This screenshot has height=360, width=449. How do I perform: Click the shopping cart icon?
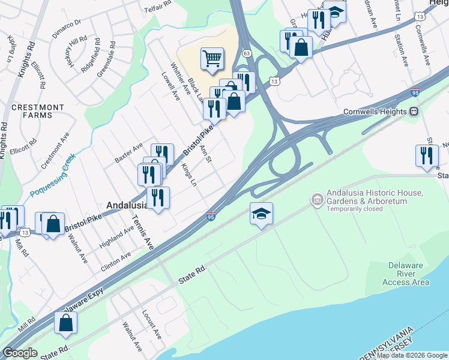(212, 59)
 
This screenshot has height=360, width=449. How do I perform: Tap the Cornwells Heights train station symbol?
(414, 112)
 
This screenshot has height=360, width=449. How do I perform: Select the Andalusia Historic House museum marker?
(317, 199)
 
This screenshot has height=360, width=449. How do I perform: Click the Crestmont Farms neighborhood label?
(38, 111)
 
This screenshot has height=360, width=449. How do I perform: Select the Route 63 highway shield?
(246, 53)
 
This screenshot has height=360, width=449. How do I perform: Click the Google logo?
(20, 353)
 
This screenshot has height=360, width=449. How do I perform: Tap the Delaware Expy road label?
(82, 302)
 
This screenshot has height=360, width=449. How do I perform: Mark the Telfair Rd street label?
(157, 9)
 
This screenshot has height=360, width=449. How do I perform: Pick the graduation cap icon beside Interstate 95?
(261, 214)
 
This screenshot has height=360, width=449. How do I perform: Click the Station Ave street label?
(402, 52)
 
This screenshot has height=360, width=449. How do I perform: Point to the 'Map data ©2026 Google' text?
(411, 355)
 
